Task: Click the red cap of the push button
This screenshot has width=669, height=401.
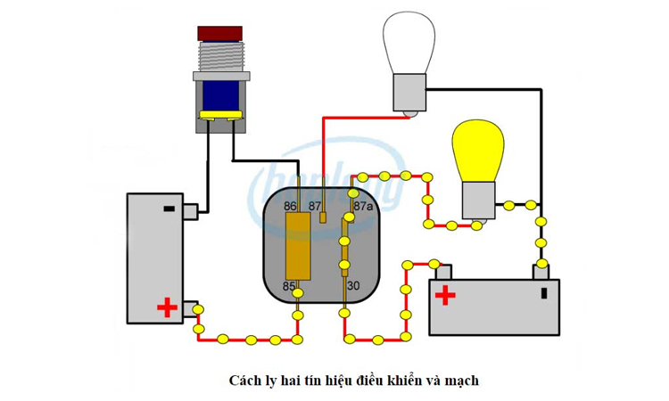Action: click(220, 33)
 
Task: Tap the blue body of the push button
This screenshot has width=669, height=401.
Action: click(220, 94)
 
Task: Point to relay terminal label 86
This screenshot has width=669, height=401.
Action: click(290, 206)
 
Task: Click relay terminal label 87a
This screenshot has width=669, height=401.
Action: click(363, 206)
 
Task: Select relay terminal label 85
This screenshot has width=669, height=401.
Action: click(289, 286)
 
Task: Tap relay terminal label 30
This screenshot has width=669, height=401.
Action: click(353, 286)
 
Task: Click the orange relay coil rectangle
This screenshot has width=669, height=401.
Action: click(297, 246)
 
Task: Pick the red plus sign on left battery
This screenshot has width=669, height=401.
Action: click(167, 308)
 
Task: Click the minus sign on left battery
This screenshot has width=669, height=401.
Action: click(168, 209)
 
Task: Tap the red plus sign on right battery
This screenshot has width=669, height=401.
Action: click(445, 296)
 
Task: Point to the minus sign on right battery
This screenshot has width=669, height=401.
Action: click(543, 293)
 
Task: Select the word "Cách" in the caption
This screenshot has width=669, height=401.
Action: click(244, 381)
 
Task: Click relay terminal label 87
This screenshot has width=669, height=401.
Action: click(315, 206)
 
